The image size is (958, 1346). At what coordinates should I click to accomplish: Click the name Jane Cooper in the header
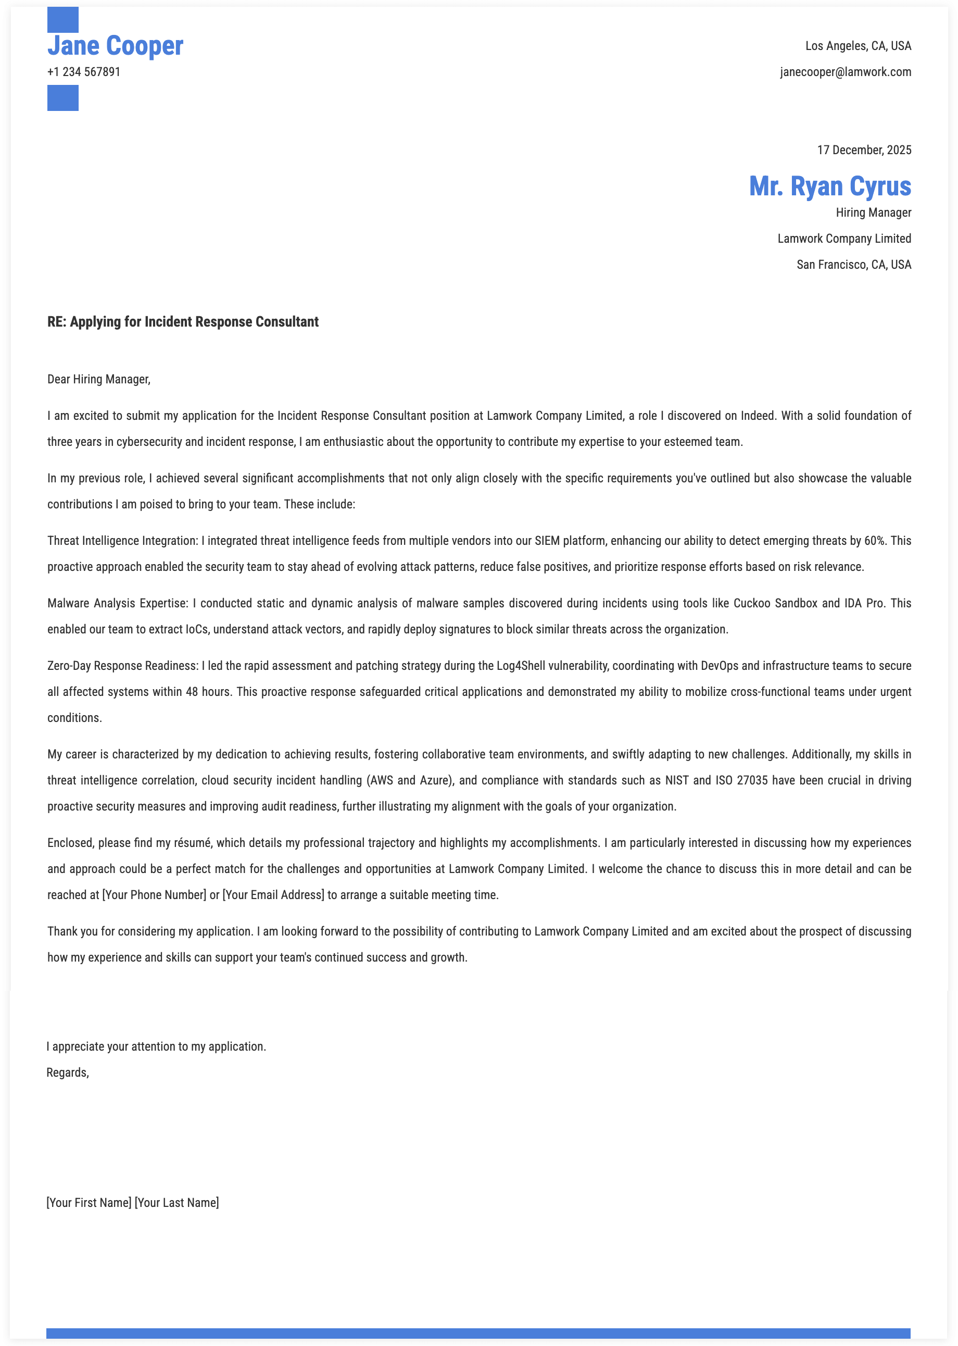[x=115, y=46]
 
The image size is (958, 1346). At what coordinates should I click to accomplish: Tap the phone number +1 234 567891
[x=84, y=72]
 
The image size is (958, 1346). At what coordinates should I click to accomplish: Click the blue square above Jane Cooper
[x=62, y=19]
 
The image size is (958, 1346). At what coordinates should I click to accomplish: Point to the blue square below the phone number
[x=62, y=98]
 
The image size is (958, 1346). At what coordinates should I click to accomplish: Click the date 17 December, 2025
[x=864, y=150]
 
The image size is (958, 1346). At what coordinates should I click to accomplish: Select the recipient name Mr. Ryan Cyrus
[x=829, y=186]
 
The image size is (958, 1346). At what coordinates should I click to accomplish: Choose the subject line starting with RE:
[x=183, y=321]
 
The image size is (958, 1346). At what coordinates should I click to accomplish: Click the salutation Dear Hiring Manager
[x=98, y=379]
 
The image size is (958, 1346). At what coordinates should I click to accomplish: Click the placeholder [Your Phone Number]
[x=154, y=894]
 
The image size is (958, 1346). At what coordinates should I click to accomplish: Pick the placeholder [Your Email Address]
[x=273, y=894]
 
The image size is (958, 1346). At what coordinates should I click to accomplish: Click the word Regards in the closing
[x=67, y=1072]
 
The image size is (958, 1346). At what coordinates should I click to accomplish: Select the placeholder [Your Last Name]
[x=177, y=1203]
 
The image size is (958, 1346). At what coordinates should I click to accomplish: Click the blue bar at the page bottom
[x=478, y=1333]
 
